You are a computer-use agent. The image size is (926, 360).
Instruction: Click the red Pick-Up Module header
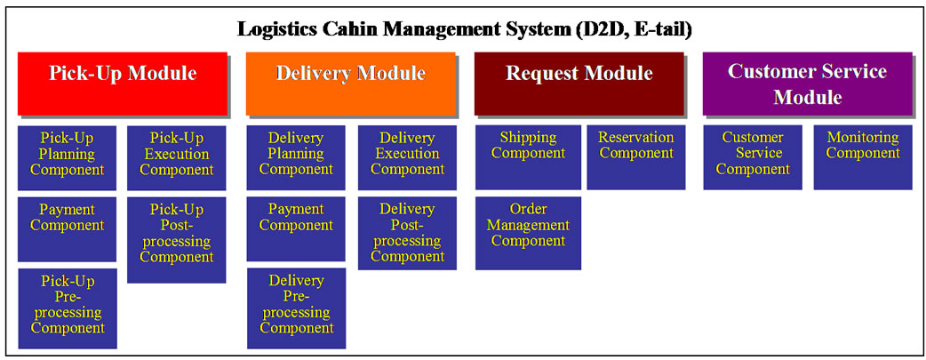(123, 84)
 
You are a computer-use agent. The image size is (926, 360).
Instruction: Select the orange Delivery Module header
(351, 84)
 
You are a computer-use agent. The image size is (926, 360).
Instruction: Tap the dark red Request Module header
(579, 84)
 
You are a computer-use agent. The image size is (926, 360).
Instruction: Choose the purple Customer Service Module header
(807, 84)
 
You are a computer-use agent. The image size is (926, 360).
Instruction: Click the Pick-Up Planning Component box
(68, 157)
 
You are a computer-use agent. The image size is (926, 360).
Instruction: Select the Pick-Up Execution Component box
(177, 157)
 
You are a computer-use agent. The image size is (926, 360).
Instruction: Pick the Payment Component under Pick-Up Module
(68, 228)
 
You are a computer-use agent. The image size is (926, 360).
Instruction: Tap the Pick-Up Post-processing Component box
(177, 239)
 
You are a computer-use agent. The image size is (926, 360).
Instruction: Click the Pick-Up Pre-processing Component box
(68, 308)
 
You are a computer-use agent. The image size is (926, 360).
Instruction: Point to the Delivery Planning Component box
(296, 157)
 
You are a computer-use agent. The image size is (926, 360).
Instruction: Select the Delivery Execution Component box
(407, 157)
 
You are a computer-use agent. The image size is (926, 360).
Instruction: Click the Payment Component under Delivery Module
(296, 228)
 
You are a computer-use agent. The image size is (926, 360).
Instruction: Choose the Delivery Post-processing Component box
(407, 233)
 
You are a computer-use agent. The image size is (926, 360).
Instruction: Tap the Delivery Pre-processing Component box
(296, 308)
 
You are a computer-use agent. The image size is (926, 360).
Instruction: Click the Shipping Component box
(528, 157)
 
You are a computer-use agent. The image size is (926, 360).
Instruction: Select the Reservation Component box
(636, 157)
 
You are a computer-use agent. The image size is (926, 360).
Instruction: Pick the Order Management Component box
(528, 233)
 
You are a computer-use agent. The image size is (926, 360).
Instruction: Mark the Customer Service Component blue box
(753, 157)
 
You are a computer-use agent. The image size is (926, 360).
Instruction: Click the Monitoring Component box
(863, 157)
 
